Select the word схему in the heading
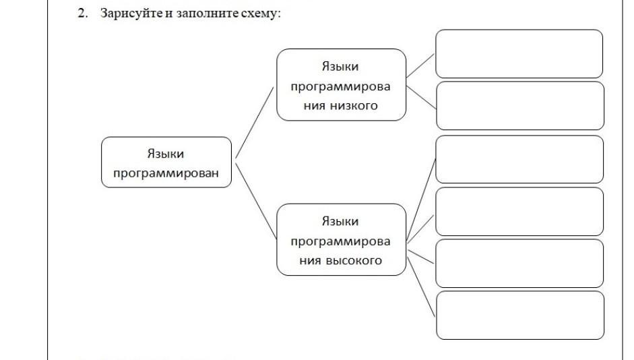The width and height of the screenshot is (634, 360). [x=259, y=13]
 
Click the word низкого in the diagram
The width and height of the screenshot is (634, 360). [x=354, y=105]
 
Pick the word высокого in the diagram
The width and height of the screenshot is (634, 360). [x=355, y=260]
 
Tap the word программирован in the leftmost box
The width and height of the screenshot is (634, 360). [x=166, y=173]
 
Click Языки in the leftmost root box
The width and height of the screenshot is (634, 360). [x=166, y=154]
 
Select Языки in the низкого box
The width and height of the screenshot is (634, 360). [x=340, y=66]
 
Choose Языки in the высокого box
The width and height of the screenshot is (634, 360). [x=340, y=221]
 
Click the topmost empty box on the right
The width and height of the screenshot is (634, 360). [x=519, y=54]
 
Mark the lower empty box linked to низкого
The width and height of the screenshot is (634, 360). [x=519, y=105]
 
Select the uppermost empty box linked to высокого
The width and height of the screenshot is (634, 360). [x=519, y=159]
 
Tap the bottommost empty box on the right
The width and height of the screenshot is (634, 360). [x=519, y=315]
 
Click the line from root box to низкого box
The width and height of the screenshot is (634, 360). [x=254, y=123]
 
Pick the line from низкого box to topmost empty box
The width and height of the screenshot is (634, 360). [x=421, y=65]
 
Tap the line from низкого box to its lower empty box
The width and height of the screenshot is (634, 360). [x=421, y=98]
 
